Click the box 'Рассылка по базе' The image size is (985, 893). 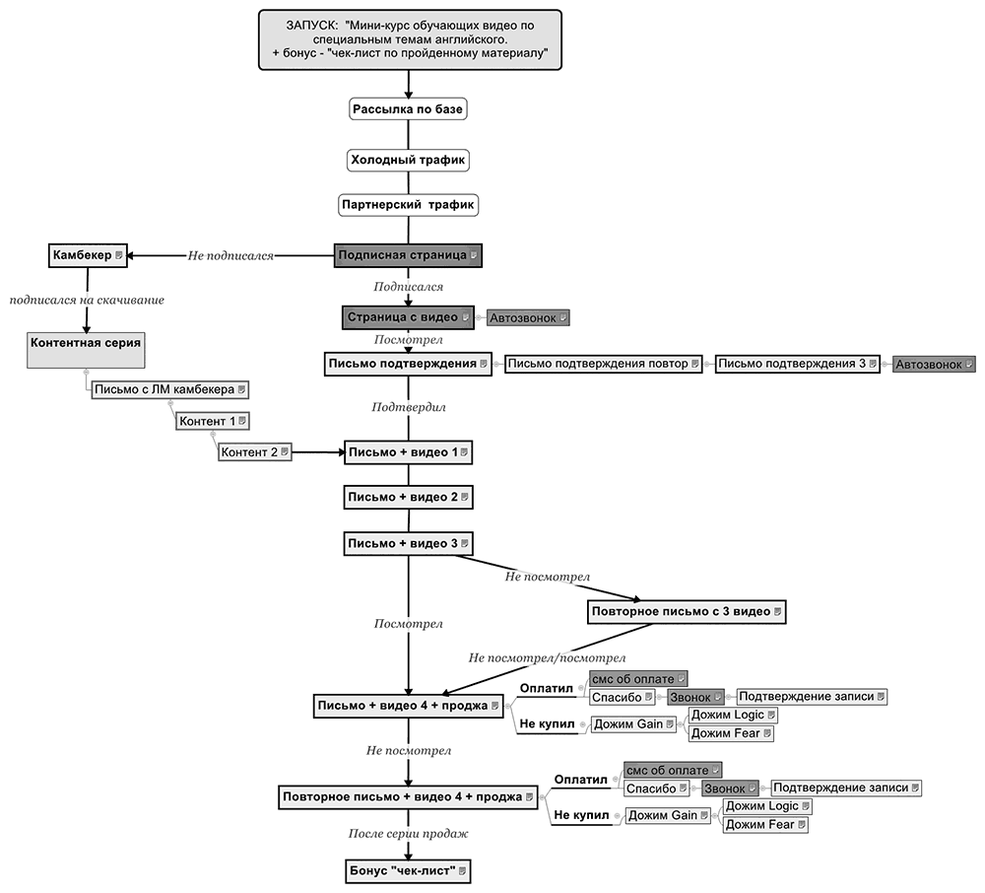[408, 108]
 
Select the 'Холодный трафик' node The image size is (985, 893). [408, 159]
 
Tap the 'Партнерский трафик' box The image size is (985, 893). [408, 205]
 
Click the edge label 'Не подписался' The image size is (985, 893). [230, 256]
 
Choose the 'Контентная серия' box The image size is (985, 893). [86, 344]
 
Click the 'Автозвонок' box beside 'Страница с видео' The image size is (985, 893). [529, 318]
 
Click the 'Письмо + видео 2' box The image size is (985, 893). [408, 497]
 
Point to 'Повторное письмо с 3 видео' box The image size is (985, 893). [687, 611]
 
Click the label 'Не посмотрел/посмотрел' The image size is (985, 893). [547, 657]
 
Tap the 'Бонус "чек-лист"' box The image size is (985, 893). [408, 871]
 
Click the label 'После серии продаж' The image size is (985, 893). [408, 834]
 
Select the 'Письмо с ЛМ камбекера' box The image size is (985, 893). [170, 389]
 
